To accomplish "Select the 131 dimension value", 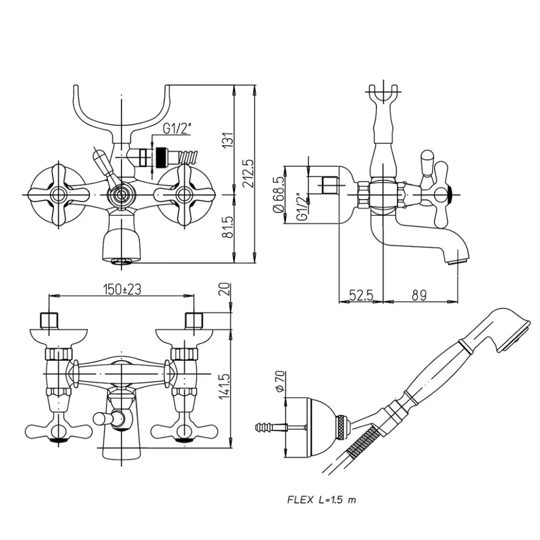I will tap(227, 141).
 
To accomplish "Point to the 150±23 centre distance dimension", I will tap(122, 289).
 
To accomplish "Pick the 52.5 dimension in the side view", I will tap(361, 296).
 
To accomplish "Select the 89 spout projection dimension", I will tap(420, 296).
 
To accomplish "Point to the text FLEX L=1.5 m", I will tap(321, 499).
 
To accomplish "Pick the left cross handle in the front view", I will tap(57, 194).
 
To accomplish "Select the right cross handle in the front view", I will tap(184, 194).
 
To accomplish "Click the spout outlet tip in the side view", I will tap(458, 258).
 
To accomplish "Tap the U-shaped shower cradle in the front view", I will tap(121, 111).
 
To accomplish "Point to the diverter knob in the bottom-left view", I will tap(102, 419).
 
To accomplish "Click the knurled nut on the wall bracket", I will tap(342, 428).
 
